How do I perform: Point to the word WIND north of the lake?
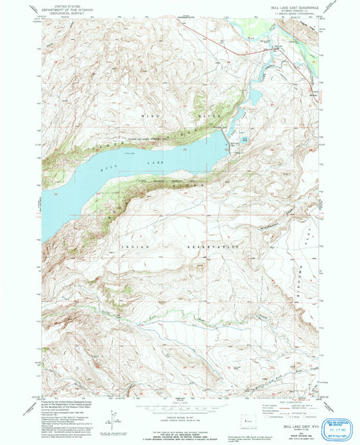coord(151,117)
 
